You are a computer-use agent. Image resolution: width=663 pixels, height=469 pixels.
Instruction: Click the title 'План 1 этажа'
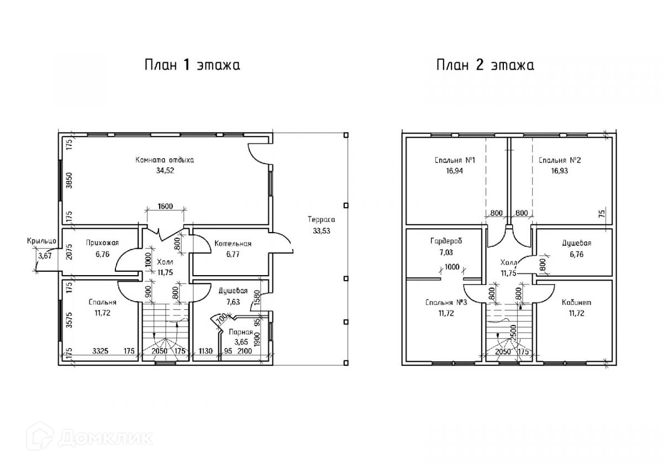[x=192, y=65]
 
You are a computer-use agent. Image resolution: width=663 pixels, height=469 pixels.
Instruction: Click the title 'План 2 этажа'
[x=486, y=65]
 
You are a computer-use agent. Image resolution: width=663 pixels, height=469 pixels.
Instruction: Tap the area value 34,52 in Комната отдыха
[x=165, y=171]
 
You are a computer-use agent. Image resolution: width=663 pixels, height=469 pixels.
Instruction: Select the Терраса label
[x=322, y=219]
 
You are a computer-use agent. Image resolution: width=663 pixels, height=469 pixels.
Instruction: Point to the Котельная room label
[x=233, y=244]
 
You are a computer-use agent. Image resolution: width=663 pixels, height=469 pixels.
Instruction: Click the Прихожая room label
[x=102, y=243]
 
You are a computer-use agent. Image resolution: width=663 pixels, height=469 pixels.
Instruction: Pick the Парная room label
[x=241, y=332]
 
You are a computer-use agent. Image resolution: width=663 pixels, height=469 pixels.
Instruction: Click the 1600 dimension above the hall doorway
[x=165, y=206]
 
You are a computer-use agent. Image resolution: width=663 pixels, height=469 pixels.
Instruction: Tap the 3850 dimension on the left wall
[x=69, y=181]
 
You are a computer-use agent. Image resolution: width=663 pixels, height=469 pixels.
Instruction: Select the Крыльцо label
[x=41, y=241]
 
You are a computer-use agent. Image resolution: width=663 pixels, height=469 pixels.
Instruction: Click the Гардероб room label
[x=446, y=241]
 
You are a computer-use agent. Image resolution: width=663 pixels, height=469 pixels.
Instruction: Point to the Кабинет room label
[x=577, y=302]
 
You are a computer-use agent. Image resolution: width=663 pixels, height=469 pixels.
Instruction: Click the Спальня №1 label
[x=455, y=160]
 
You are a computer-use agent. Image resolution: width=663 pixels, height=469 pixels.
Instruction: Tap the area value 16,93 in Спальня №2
[x=559, y=171]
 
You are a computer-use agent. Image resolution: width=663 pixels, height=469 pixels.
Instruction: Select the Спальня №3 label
[x=446, y=302]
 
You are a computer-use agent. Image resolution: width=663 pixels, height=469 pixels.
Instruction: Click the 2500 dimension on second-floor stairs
[x=513, y=333]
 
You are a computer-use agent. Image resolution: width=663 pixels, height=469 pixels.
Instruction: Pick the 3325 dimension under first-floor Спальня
[x=101, y=351]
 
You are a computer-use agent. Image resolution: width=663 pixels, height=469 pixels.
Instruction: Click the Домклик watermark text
[x=106, y=438]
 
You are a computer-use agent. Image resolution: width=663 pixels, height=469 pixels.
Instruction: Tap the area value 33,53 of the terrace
[x=322, y=231]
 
